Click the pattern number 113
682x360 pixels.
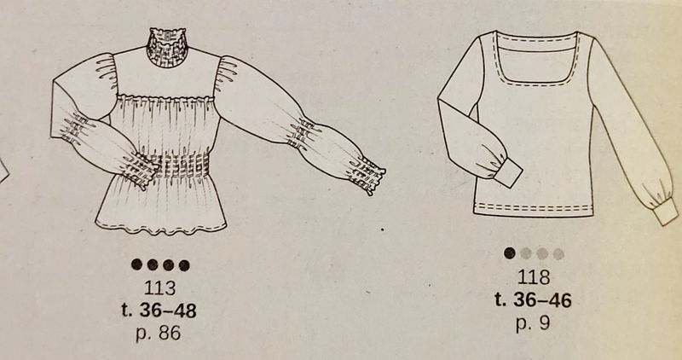160,287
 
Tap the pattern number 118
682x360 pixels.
534,277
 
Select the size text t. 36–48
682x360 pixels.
159,311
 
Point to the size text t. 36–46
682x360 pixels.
534,300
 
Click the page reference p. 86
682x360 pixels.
159,333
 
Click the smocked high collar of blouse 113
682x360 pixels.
166,47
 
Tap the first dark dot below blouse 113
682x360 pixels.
137,264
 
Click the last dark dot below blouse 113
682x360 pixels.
184,265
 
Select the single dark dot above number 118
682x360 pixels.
510,253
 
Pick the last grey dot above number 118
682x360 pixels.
558,254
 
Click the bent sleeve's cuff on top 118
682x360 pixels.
510,173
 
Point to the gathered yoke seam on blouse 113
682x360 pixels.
166,98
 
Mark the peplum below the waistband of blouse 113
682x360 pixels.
162,205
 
